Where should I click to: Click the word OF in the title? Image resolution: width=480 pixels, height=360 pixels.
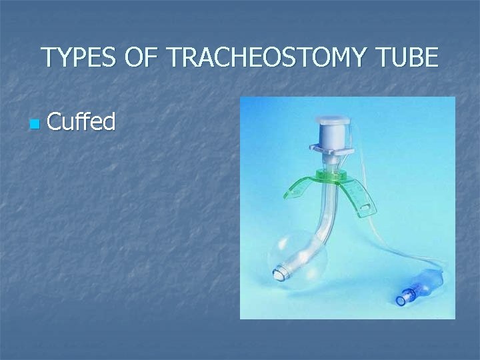141,58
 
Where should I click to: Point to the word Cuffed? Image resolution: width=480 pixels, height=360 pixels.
81,121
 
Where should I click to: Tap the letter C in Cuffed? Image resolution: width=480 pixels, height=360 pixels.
55,121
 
